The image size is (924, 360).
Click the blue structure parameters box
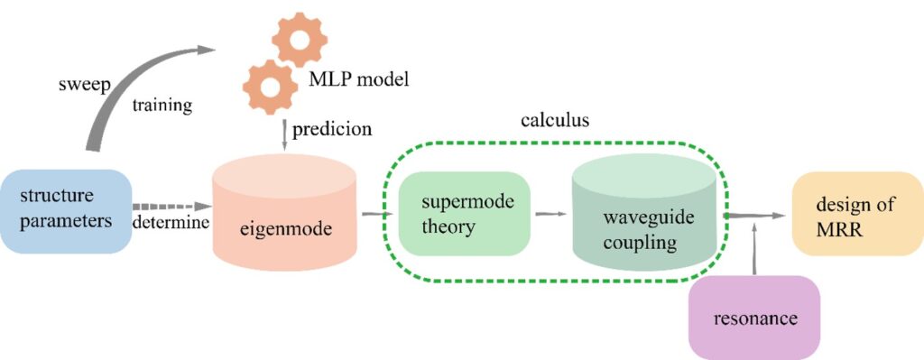(65, 211)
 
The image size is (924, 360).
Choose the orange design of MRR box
(857, 214)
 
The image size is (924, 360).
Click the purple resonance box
(754, 318)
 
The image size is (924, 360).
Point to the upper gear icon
(300, 40)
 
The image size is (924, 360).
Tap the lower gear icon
(271, 88)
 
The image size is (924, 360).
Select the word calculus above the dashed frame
(555, 120)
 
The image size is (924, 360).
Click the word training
(162, 106)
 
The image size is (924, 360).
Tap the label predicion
(332, 129)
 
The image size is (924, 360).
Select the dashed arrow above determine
(172, 207)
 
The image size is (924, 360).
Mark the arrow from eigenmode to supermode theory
(378, 213)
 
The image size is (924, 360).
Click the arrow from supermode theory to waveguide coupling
(551, 214)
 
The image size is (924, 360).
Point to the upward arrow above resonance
(753, 251)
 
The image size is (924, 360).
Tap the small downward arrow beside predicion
(284, 134)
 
